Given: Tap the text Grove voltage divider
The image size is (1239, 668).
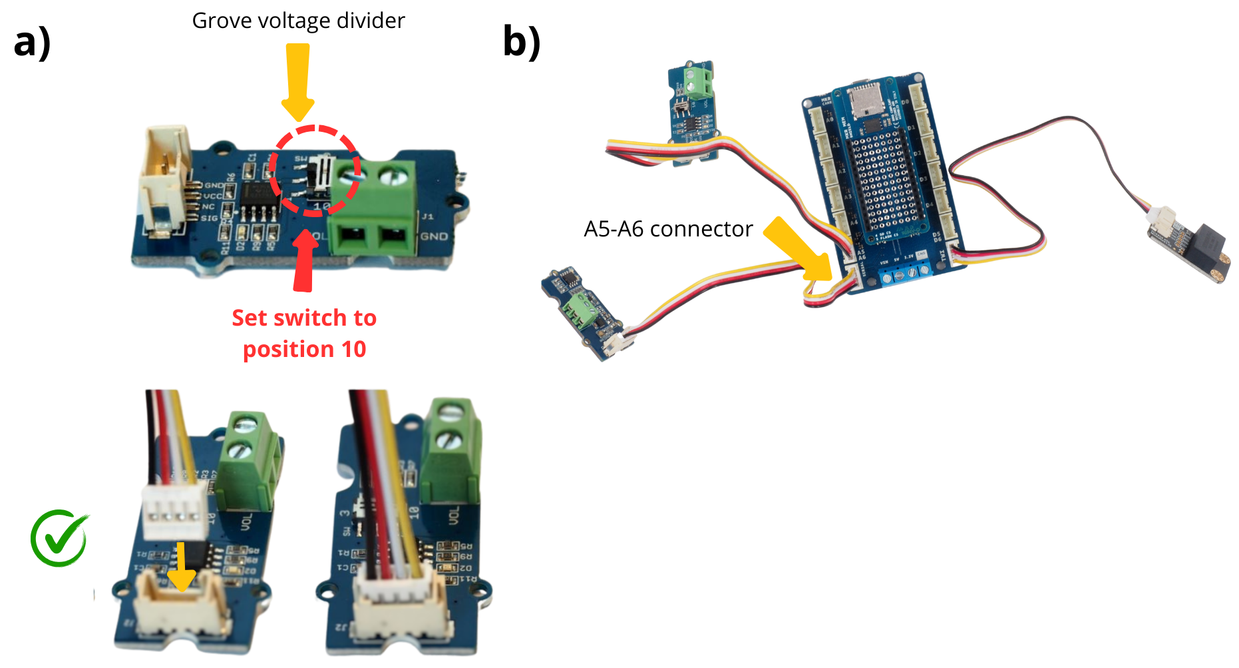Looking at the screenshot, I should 298,21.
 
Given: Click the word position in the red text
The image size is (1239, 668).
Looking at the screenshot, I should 288,349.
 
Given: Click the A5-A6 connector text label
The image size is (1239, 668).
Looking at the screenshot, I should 667,229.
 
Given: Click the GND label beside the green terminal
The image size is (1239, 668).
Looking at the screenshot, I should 434,236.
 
